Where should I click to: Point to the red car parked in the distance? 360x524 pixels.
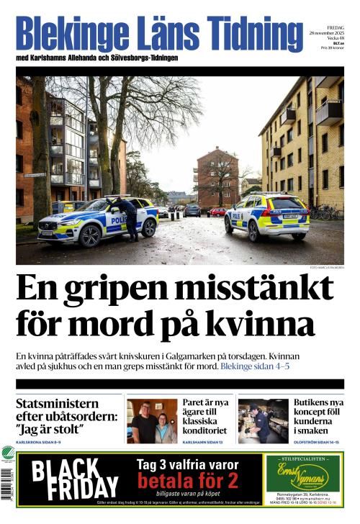(217, 212)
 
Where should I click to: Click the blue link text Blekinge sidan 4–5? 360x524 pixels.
(255, 366)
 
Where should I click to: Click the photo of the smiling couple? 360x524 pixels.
(152, 421)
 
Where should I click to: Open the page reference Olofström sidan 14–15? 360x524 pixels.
(318, 442)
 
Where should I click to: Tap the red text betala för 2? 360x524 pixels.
(188, 480)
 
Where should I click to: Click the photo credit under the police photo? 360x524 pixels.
(326, 268)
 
